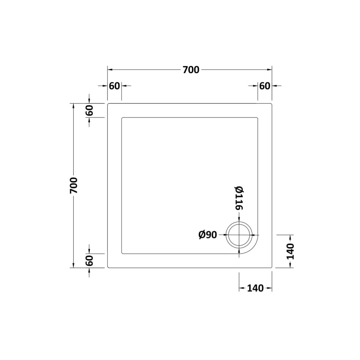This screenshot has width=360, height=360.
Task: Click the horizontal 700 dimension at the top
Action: click(191, 70)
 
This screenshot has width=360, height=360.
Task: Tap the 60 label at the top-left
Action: click(114, 86)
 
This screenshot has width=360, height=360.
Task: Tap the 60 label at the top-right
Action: click(264, 86)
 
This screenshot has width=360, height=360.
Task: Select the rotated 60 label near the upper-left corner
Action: click(89, 110)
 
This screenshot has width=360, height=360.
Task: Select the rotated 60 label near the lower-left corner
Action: click(89, 260)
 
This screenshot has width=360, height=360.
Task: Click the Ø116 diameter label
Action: click(239, 199)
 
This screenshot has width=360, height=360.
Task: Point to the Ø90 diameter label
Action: click(208, 235)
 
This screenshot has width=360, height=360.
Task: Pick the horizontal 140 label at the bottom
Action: click(255, 288)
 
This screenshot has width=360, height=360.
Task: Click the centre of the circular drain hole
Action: click(239, 235)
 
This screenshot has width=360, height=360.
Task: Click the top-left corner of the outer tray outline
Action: click(108, 104)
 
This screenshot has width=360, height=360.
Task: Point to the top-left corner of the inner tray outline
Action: click(122, 118)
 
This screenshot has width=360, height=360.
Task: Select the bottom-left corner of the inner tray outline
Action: click(122, 253)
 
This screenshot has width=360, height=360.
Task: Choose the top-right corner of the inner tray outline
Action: click(258, 118)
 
